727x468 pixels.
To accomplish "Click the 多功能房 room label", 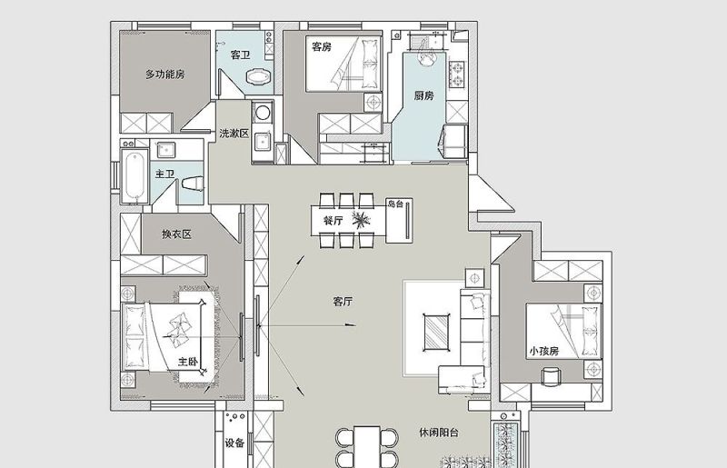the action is pos(165,75).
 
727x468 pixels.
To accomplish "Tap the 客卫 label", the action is pos(240,55).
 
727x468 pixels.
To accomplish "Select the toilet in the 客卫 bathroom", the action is pos(258,77).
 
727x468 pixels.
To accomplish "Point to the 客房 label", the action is pos(322,47).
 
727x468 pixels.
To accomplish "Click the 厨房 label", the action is pos(423,95).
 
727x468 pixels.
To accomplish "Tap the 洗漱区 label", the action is pos(234,134).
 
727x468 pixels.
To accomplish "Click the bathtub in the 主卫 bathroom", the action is pos(134,175).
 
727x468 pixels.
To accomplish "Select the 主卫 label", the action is pos(165,174).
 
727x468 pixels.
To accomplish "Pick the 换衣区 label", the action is pos(176,234).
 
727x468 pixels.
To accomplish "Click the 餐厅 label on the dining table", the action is pos(333,220).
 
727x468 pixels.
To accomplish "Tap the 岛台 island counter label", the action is pos(395,204).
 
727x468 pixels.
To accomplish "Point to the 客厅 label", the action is pos(343,302).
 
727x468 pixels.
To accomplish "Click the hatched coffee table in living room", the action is pos(436,332).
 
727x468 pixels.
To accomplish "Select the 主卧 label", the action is pos(188,362).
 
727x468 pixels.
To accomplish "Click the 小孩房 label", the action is pos(543,351).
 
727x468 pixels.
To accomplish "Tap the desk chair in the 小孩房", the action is pos(551,376).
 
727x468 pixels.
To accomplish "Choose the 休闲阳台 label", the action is pos(439,433).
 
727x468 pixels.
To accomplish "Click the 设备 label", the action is pos(234,443).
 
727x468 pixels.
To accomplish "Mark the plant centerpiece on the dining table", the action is pos(361,219).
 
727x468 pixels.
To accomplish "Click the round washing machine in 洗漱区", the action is pos(263,113).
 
